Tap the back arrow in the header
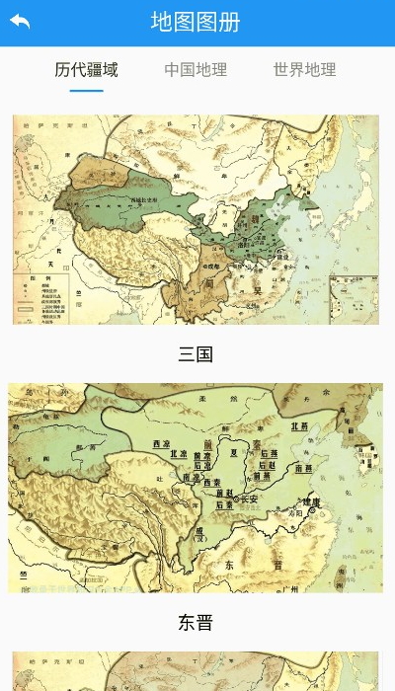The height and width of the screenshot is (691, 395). tap(20, 22)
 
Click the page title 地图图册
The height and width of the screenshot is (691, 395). tap(196, 22)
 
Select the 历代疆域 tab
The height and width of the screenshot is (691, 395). tap(86, 69)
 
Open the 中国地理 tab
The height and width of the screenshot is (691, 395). tap(196, 69)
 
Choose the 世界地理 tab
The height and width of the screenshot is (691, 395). tap(304, 69)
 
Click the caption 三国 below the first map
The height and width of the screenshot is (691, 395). tap(196, 354)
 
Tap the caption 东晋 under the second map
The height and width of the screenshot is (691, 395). tap(196, 623)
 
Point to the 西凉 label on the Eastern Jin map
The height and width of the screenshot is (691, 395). tap(161, 443)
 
